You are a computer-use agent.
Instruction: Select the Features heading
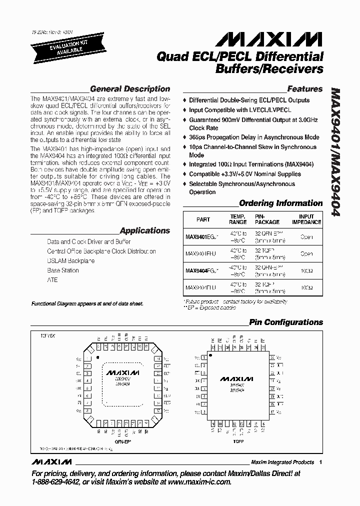(305, 89)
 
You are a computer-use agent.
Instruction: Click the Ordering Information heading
(281, 203)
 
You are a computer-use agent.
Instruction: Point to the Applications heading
(145, 231)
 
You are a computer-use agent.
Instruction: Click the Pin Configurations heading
(286, 322)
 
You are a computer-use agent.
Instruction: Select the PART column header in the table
(203, 219)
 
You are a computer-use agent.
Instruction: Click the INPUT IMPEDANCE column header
(306, 219)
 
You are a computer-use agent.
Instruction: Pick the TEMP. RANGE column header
(238, 219)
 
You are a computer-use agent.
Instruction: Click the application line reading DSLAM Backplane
(71, 261)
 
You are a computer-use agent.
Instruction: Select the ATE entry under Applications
(52, 280)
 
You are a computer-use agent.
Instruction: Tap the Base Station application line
(63, 270)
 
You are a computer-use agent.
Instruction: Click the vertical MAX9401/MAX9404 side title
(335, 152)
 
